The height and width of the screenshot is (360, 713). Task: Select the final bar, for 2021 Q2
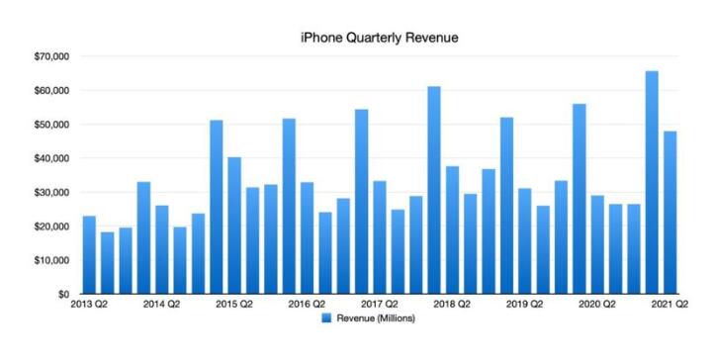[x=669, y=213]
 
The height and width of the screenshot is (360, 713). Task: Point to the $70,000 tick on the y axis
[x=48, y=56]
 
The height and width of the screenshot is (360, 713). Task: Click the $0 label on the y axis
[x=60, y=295]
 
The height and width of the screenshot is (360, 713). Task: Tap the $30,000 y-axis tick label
[x=48, y=193]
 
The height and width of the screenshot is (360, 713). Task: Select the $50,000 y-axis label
[x=48, y=125]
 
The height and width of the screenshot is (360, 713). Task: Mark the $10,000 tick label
[x=48, y=260]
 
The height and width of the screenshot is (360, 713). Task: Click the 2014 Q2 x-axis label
[x=161, y=307]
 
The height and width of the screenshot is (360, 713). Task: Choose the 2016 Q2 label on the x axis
[x=307, y=307]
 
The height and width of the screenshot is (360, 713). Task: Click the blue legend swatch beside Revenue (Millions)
[x=325, y=319]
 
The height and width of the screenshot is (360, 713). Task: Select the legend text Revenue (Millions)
[x=376, y=319]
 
